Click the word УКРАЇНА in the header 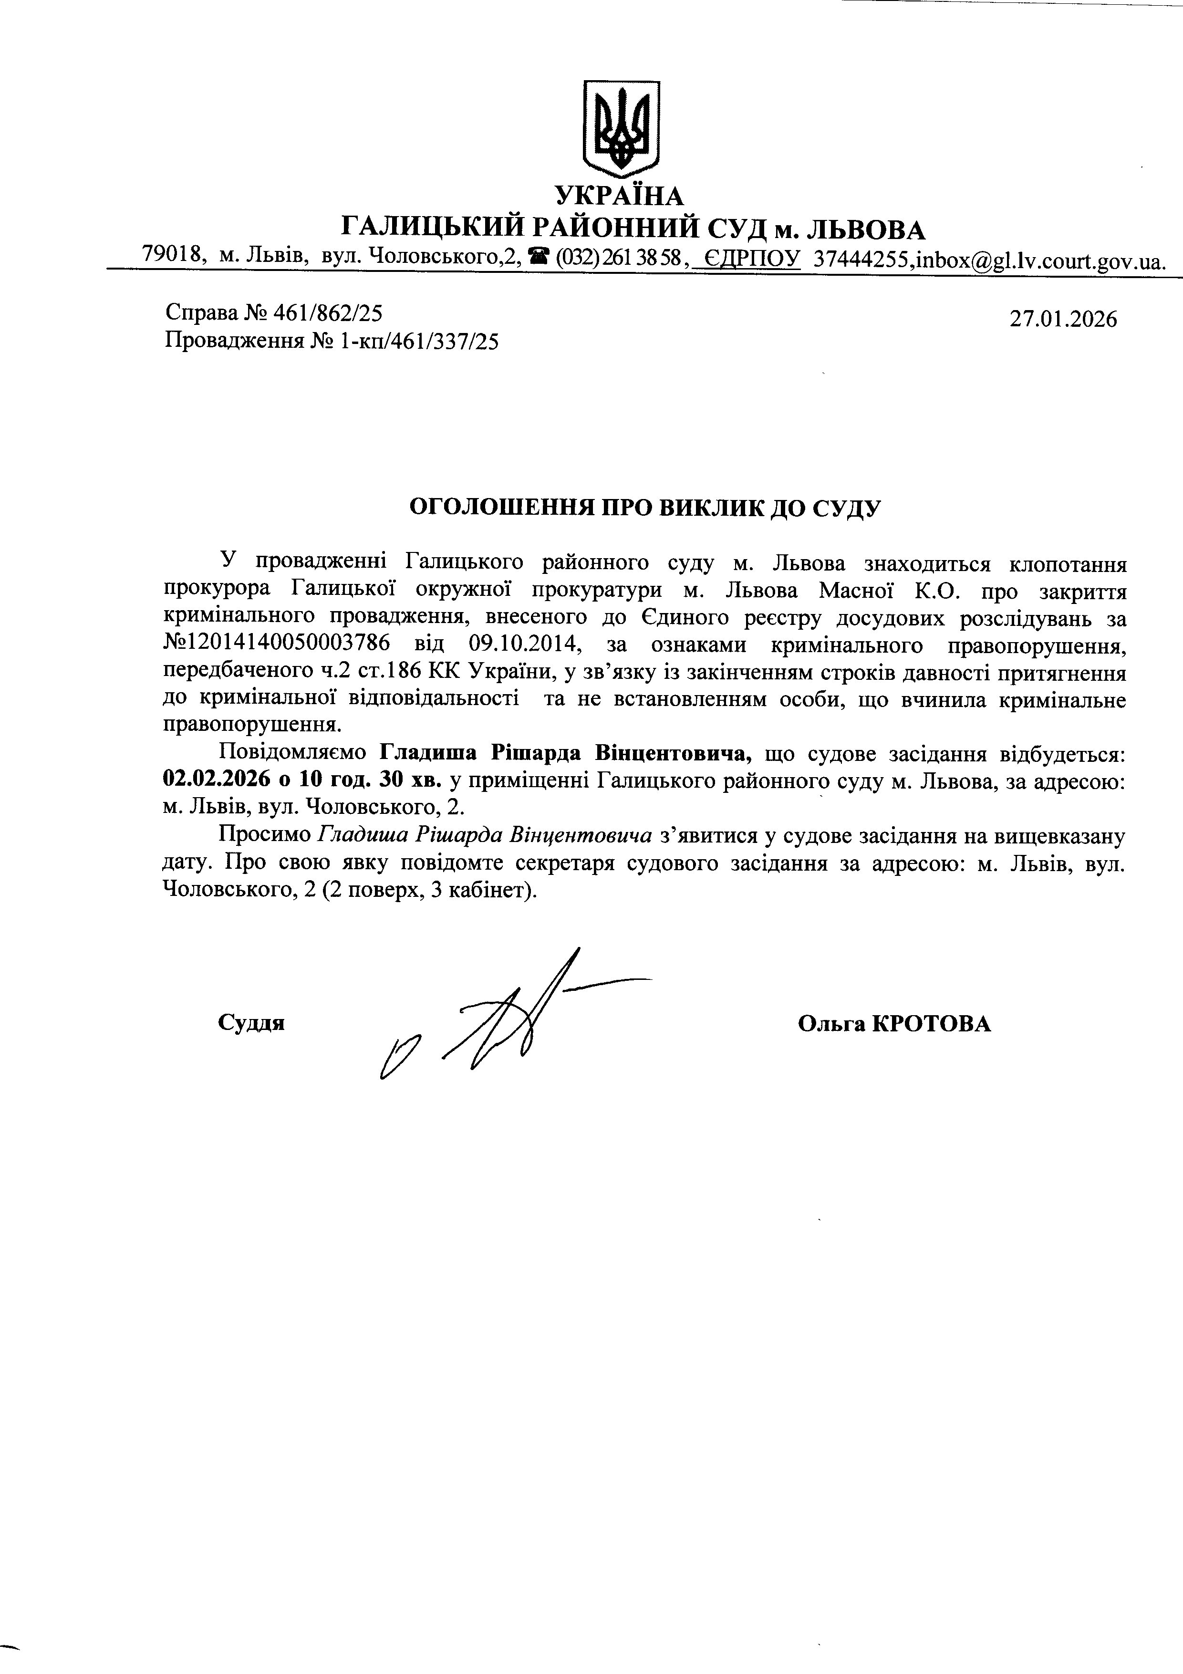point(620,196)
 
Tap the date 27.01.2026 point(1063,319)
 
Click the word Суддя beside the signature point(251,1023)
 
